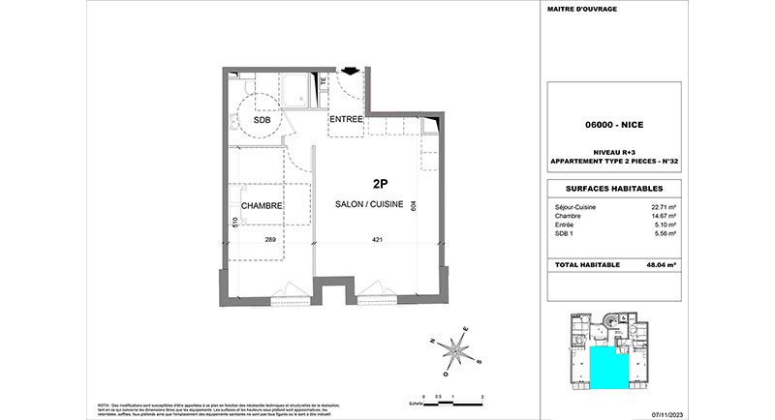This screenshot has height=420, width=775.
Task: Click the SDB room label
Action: coord(263,121)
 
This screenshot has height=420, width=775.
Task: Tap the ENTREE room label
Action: coord(346,119)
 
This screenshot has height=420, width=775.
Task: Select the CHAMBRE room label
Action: coord(262,205)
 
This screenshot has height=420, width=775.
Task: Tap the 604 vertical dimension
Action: coord(414,205)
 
